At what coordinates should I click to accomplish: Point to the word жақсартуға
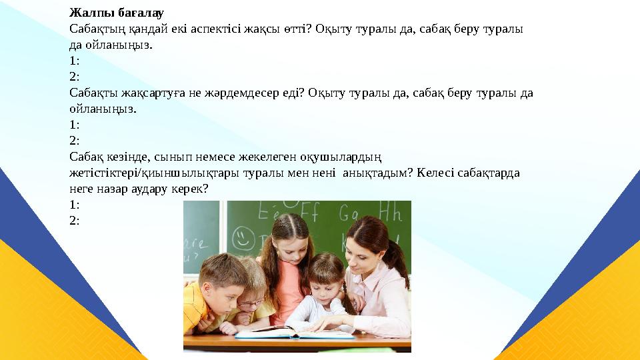point(145,93)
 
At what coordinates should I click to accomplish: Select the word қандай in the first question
point(141,29)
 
